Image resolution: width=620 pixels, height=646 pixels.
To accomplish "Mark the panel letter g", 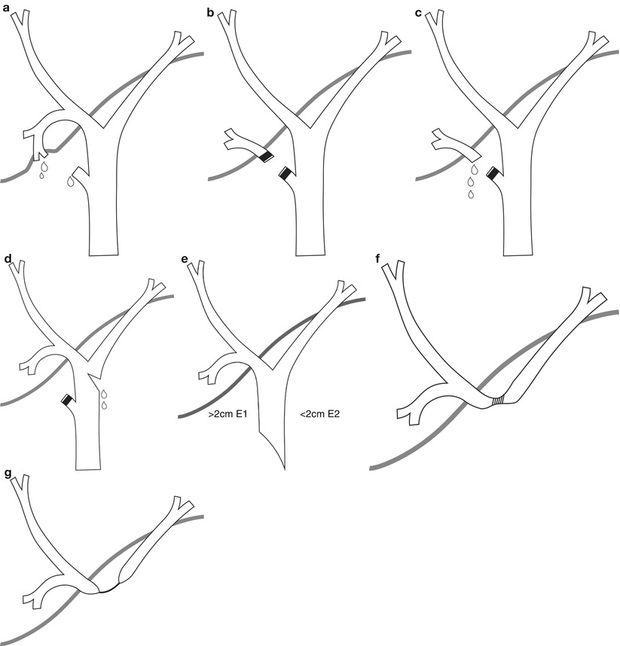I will pos(6,474).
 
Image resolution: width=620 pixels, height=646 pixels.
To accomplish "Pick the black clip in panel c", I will pos(492,174).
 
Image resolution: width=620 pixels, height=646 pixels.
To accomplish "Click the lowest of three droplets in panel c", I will pos(472,194).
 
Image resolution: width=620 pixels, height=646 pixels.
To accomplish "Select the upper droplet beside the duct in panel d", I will pos(103,393).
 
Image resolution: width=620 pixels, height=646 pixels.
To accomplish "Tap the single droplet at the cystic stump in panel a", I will pos(72,181).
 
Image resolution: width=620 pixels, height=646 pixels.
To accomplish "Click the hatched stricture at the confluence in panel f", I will pos(499,402).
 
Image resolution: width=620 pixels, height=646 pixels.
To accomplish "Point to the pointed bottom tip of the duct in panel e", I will pos(283,469).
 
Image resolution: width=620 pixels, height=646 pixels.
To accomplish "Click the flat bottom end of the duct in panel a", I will pos(103,254).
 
